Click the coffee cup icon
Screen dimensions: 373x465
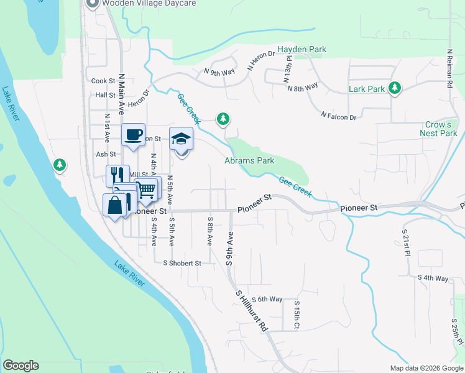pos(133,136)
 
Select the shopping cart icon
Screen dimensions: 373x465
pos(146,189)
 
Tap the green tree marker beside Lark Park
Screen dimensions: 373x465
pos(394,88)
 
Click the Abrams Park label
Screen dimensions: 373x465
pos(249,161)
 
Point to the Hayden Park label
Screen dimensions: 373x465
pos(302,49)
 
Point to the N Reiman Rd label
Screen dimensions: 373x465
pos(449,68)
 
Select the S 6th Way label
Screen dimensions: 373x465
pos(267,299)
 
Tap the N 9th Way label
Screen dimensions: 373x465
pos(219,72)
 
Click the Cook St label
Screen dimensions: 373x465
pos(103,81)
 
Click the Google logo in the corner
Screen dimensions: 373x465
pos(21,366)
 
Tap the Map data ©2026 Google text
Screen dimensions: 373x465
pos(425,368)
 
